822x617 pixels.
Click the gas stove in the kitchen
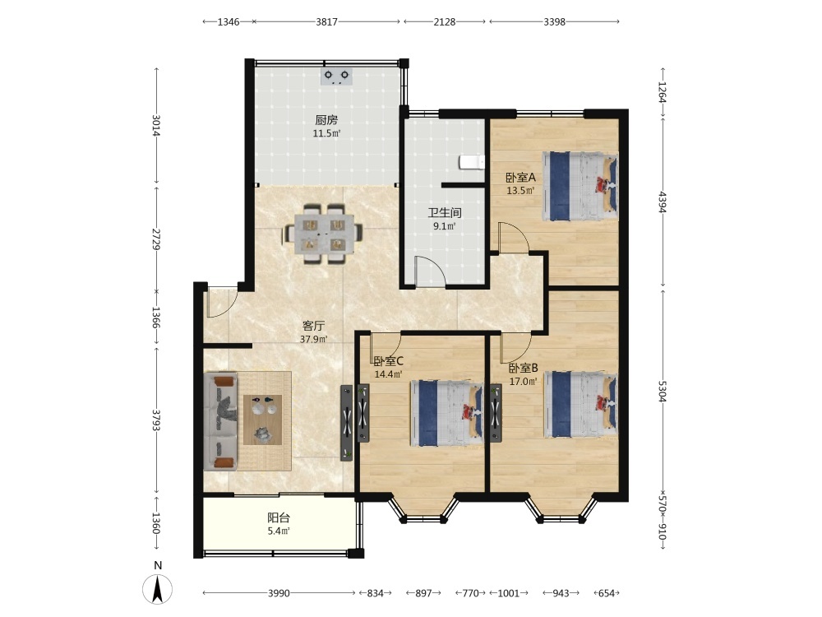coord(336,77)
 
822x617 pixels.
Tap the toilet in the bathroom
coord(472,162)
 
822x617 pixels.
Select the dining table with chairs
coord(323,233)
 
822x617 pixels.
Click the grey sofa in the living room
coord(220,421)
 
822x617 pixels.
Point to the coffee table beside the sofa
coord(263,420)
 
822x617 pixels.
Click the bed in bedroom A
coord(580,186)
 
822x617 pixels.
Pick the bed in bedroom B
coord(580,404)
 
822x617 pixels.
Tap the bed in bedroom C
coord(446,413)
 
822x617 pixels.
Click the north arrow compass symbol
coord(157,588)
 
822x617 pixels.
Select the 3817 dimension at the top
coord(326,21)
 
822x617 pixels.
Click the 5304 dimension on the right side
coord(662,392)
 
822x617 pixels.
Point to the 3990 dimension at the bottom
coord(279,593)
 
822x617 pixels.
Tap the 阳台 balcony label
coord(279,517)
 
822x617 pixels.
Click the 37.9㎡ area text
coord(313,339)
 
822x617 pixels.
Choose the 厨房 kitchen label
coord(326,120)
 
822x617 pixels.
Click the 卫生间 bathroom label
coord(445,212)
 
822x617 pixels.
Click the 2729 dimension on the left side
coord(156,239)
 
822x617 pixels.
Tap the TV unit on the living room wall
coord(347,423)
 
